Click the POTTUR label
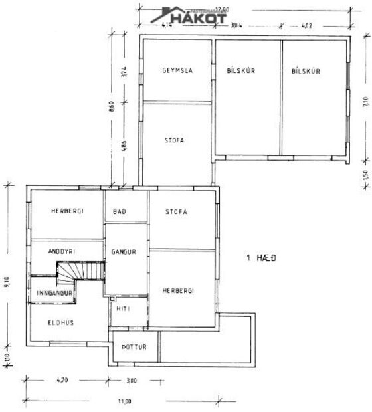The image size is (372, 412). (x=134, y=347)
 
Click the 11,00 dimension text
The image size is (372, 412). (x=124, y=401)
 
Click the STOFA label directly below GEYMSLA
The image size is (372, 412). (x=175, y=140)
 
